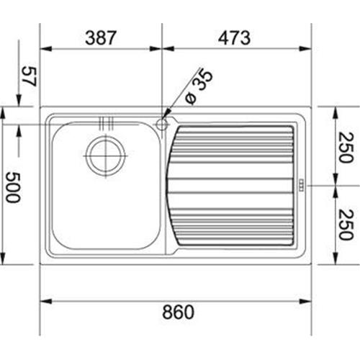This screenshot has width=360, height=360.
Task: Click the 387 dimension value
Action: (x=100, y=38)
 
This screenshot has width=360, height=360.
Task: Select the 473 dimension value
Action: (x=233, y=38)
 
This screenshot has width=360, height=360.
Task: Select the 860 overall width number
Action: (x=176, y=312)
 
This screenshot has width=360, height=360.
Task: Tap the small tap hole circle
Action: (x=162, y=125)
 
